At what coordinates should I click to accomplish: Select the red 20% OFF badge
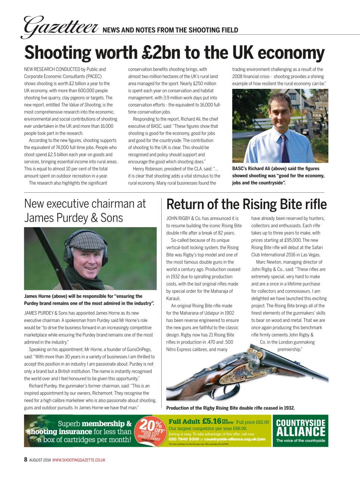pos(152,431)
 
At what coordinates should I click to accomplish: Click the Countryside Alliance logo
pos(301,431)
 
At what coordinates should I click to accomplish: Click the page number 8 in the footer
pos(26,460)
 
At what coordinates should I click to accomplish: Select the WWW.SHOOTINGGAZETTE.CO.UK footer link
pos(79,460)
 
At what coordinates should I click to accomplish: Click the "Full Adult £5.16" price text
pos(195,422)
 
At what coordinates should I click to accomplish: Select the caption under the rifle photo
pos(230,408)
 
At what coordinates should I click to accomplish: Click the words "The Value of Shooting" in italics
pos(81,105)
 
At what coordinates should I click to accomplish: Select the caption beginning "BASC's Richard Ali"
pos(278,176)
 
